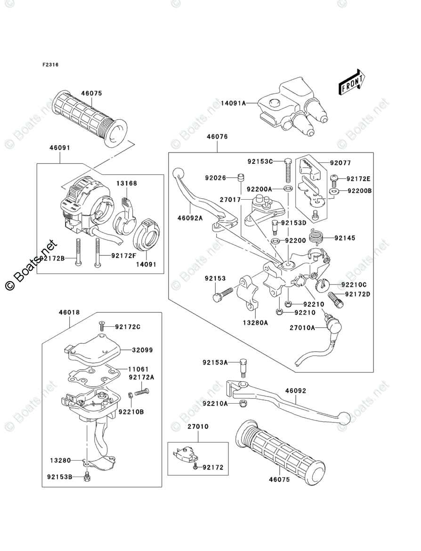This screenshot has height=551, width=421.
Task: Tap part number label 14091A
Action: tap(234, 103)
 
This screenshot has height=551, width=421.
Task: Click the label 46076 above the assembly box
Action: tap(217, 137)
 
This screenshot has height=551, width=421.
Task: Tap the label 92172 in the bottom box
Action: tap(213, 468)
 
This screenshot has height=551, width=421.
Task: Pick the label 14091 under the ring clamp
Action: tap(146, 265)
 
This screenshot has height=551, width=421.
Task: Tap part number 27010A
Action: tap(302, 328)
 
